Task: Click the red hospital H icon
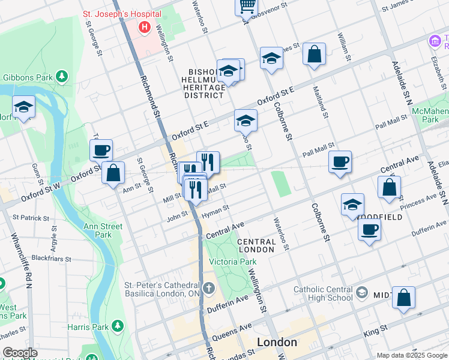pyautogui.click(x=144, y=27)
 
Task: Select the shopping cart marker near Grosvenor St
pyautogui.click(x=246, y=7)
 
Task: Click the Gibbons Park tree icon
pyautogui.click(x=61, y=76)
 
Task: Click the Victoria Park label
pyautogui.click(x=232, y=262)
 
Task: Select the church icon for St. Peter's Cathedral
pyautogui.click(x=208, y=289)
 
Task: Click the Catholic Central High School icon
pyautogui.click(x=361, y=292)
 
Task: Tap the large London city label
pyautogui.click(x=277, y=342)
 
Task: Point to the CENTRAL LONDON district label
pyautogui.click(x=256, y=245)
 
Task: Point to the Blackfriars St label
pyautogui.click(x=51, y=259)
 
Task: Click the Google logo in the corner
pyautogui.click(x=20, y=353)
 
